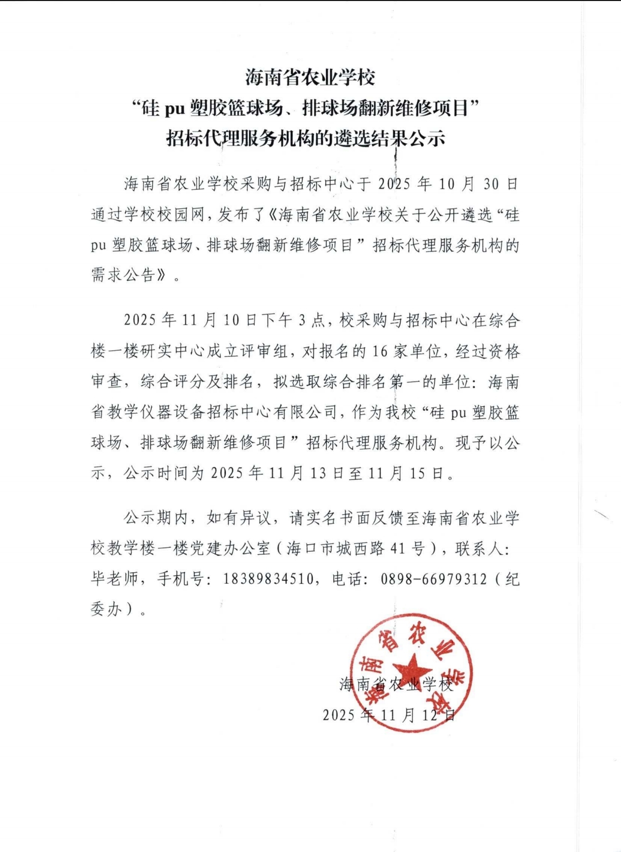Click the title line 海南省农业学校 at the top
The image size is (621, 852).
(x=310, y=78)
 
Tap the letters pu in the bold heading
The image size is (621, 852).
(x=174, y=108)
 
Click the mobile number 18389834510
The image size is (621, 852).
(x=268, y=579)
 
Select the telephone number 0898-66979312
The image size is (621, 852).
(x=434, y=579)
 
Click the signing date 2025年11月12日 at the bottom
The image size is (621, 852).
(x=389, y=715)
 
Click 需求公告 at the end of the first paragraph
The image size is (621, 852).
(x=123, y=275)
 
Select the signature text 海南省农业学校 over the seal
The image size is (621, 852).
(x=396, y=685)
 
